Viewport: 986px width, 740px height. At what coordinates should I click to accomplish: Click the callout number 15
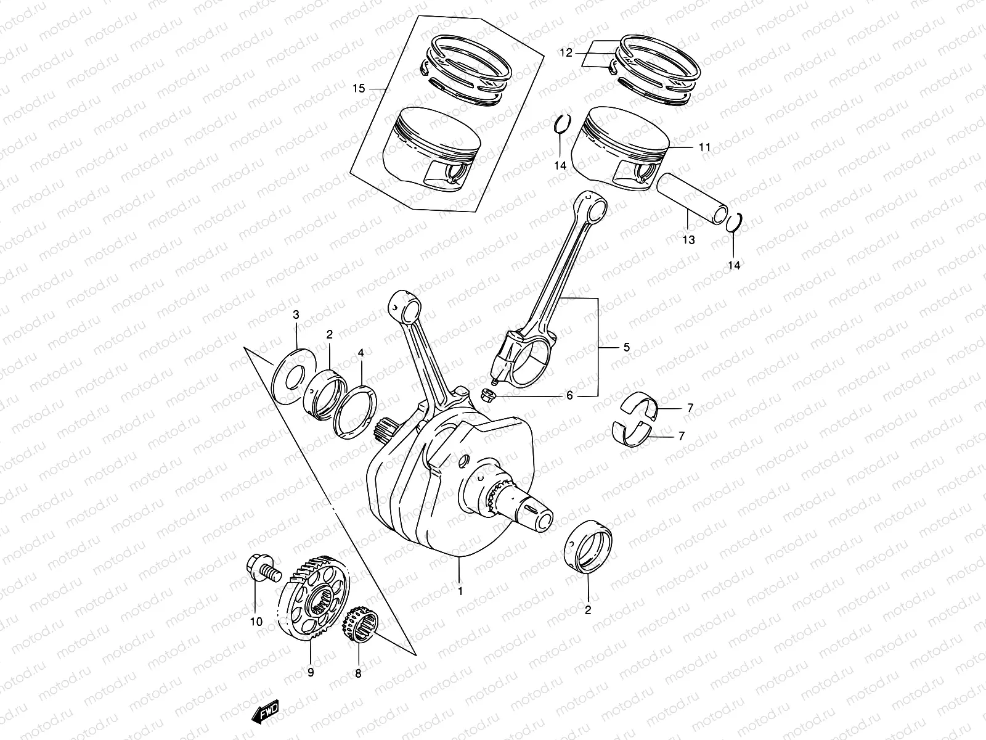tap(359, 89)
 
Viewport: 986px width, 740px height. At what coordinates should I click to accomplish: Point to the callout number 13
tap(688, 240)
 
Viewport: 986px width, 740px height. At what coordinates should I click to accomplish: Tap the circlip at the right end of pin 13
tap(734, 223)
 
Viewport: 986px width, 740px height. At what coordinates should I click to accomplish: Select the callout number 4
tap(361, 353)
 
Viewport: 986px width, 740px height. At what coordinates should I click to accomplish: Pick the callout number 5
tap(626, 347)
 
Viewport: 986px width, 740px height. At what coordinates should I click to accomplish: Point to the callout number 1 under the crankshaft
tap(460, 590)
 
